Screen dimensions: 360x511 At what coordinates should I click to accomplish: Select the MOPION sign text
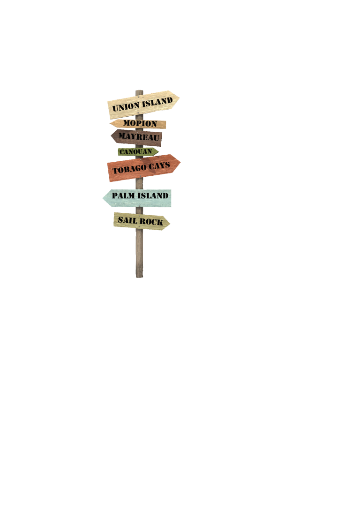[140, 123]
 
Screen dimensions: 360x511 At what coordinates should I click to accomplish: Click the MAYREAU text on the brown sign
[139, 136]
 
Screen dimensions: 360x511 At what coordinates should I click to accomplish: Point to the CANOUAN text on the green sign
[135, 151]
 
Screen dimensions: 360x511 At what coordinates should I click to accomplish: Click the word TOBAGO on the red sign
[129, 169]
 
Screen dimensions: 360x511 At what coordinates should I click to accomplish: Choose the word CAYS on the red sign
[159, 165]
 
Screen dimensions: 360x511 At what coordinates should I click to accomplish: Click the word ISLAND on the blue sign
[152, 195]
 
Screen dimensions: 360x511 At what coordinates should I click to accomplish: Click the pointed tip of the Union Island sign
[179, 97]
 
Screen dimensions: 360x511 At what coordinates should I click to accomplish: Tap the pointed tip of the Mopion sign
[110, 123]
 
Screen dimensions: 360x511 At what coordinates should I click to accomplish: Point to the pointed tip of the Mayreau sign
[111, 135]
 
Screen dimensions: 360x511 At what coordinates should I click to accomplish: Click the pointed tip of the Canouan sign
[158, 151]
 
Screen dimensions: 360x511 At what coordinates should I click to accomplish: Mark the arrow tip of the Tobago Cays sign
[180, 162]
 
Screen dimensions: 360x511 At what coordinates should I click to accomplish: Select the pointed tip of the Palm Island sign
[103, 197]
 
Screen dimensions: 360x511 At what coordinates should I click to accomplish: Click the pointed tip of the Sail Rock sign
[170, 223]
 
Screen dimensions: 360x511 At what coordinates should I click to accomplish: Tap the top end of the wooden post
[139, 90]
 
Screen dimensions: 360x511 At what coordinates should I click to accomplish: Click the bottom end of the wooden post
[139, 277]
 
